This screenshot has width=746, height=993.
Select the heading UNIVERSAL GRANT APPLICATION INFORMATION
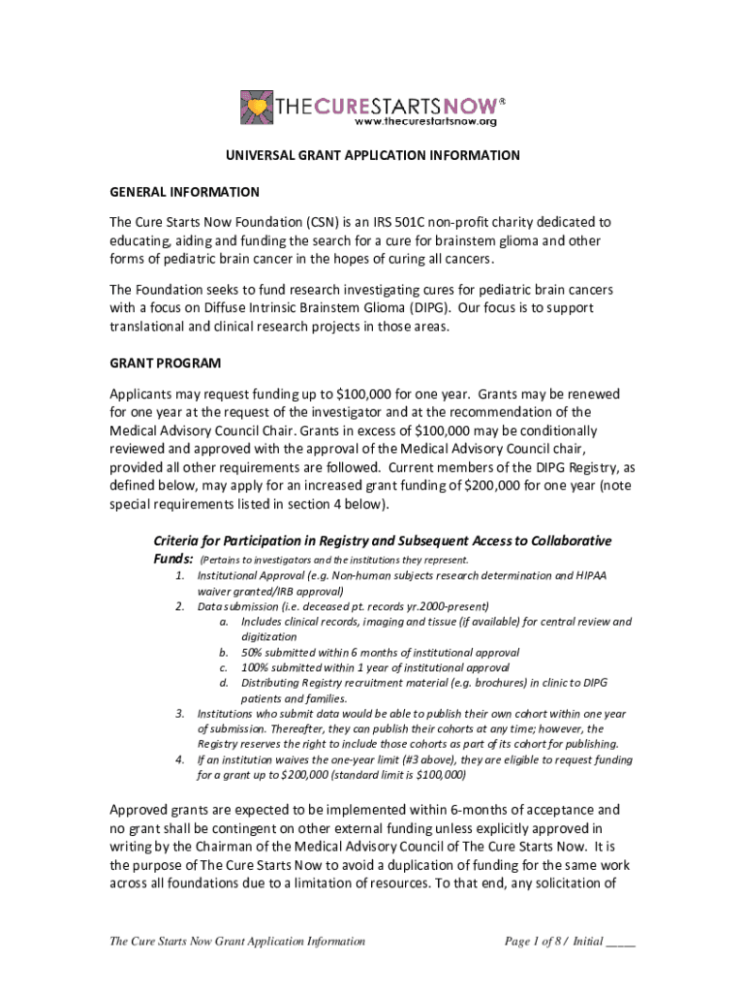tap(373, 155)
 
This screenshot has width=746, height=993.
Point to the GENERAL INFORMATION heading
tap(184, 192)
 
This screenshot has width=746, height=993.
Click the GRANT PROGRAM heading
tap(165, 364)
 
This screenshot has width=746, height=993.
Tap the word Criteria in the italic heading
tap(180, 540)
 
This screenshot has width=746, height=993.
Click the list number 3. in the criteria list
tap(180, 714)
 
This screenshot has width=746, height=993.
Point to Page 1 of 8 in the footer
tap(536, 941)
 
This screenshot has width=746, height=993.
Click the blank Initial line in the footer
tap(620, 943)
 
